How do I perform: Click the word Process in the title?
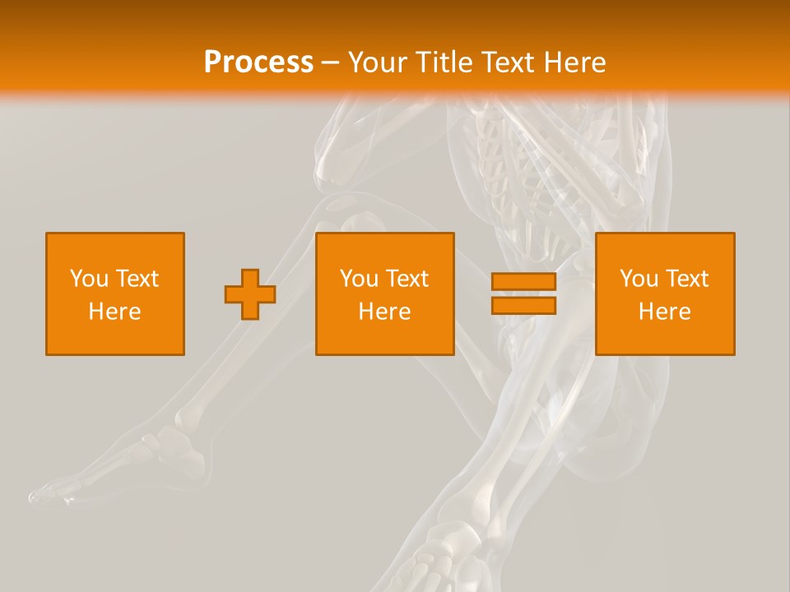point(258,62)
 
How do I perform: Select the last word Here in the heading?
point(575,62)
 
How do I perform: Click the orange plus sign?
point(250,294)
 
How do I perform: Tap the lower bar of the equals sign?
point(523,306)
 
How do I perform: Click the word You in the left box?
point(89,279)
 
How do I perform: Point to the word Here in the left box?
point(115,312)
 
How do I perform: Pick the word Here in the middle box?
point(384,312)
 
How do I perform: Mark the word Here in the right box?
point(665,312)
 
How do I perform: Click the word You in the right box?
point(639,279)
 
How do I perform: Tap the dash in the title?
point(331,62)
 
